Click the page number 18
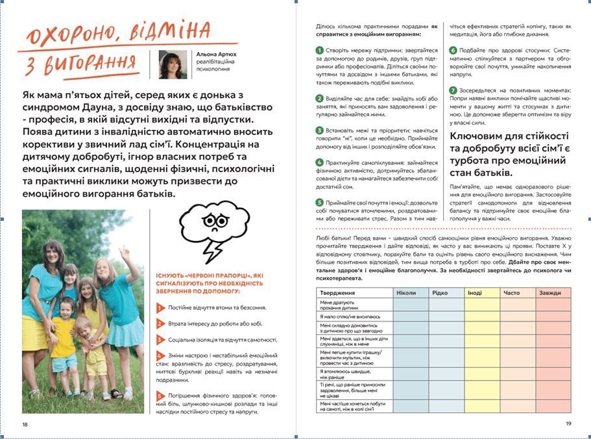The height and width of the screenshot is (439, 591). click(x=25, y=424)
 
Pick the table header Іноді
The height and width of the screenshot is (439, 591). click(x=475, y=293)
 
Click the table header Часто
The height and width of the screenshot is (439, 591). click(x=511, y=293)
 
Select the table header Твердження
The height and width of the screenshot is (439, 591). click(x=337, y=293)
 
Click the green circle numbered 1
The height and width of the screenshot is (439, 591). click(x=319, y=50)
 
